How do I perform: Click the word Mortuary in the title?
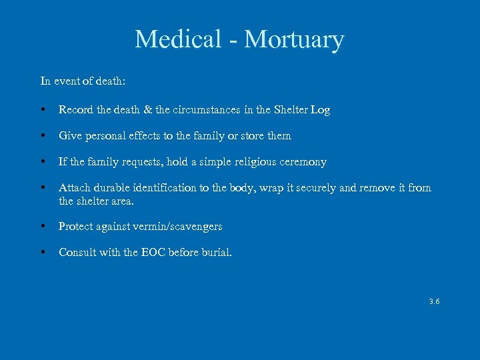(x=294, y=39)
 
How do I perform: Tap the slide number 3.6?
(x=435, y=301)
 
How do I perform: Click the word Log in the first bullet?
(x=320, y=109)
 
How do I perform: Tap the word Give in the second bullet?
(x=71, y=135)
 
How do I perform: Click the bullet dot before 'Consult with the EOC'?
(x=43, y=252)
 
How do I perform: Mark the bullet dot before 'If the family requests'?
(x=43, y=162)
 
